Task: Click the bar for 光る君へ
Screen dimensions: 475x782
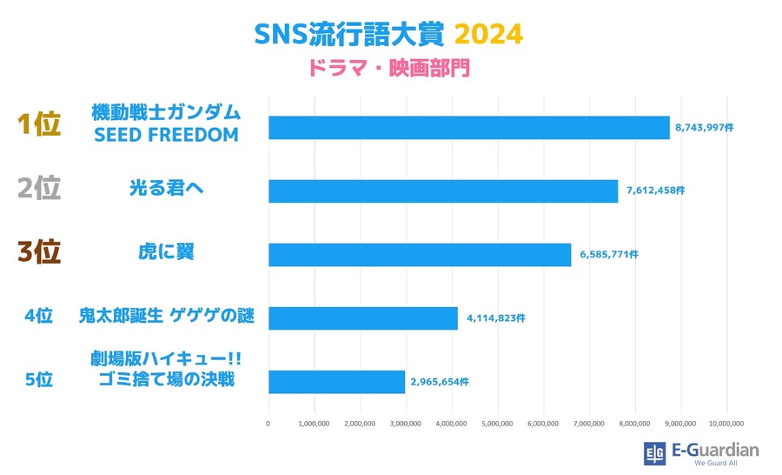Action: (443, 191)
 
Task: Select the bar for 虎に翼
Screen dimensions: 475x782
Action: (420, 254)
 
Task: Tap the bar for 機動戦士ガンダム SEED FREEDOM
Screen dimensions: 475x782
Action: (469, 127)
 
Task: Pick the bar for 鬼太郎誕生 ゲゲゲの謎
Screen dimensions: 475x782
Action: (363, 318)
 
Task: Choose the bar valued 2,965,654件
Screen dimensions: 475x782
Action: (337, 382)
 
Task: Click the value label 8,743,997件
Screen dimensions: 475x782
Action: (704, 127)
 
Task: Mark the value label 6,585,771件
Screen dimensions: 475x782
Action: (605, 254)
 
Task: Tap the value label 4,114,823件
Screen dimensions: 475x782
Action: (492, 318)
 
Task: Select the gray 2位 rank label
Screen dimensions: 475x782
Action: (39, 188)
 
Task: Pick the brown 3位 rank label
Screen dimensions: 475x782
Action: (39, 251)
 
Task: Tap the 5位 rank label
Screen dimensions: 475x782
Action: (39, 379)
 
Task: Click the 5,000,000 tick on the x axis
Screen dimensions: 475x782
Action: (497, 424)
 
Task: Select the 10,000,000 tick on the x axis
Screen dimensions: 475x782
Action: (726, 424)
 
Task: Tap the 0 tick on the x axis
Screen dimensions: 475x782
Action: (268, 424)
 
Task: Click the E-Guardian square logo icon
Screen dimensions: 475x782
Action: (653, 453)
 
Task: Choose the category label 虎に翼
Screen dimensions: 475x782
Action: (166, 251)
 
